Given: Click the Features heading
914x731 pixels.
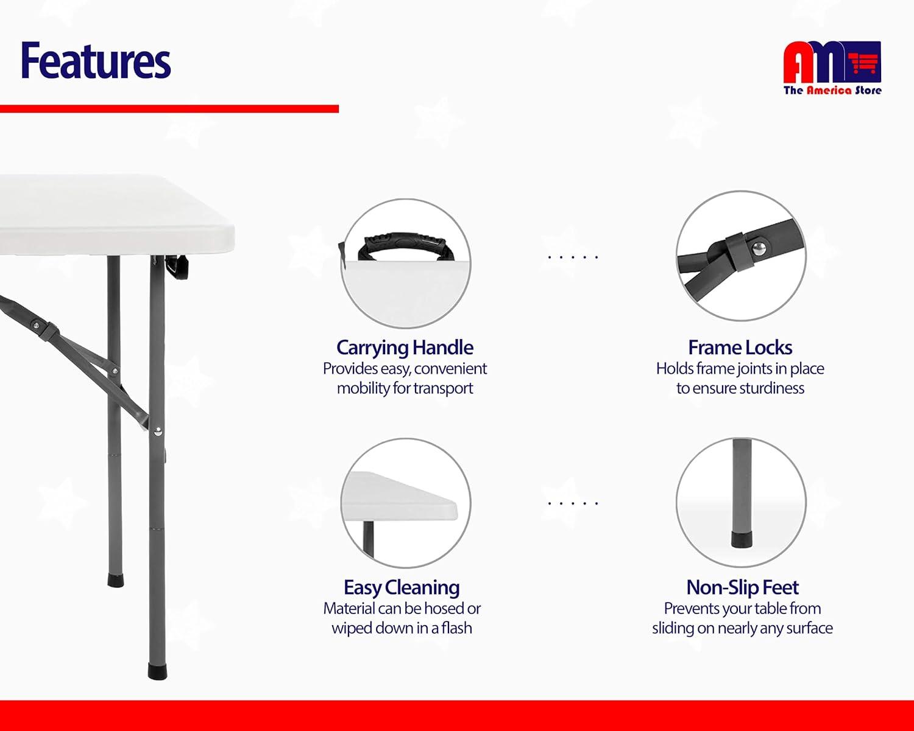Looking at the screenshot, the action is [x=96, y=60].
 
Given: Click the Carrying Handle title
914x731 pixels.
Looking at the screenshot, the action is [x=405, y=348].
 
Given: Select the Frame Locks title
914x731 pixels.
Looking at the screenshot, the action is [x=740, y=348].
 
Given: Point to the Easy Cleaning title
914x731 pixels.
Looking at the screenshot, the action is [x=402, y=587].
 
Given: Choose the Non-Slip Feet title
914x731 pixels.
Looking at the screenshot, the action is [x=742, y=587].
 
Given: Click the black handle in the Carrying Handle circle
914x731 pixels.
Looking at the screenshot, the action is [x=406, y=246].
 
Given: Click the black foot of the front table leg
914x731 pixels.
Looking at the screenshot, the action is [x=158, y=671].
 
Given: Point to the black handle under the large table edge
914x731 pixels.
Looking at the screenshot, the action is [x=177, y=267].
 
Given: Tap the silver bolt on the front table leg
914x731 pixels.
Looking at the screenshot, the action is [x=158, y=432].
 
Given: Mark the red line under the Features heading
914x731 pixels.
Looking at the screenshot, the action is [x=169, y=109].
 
